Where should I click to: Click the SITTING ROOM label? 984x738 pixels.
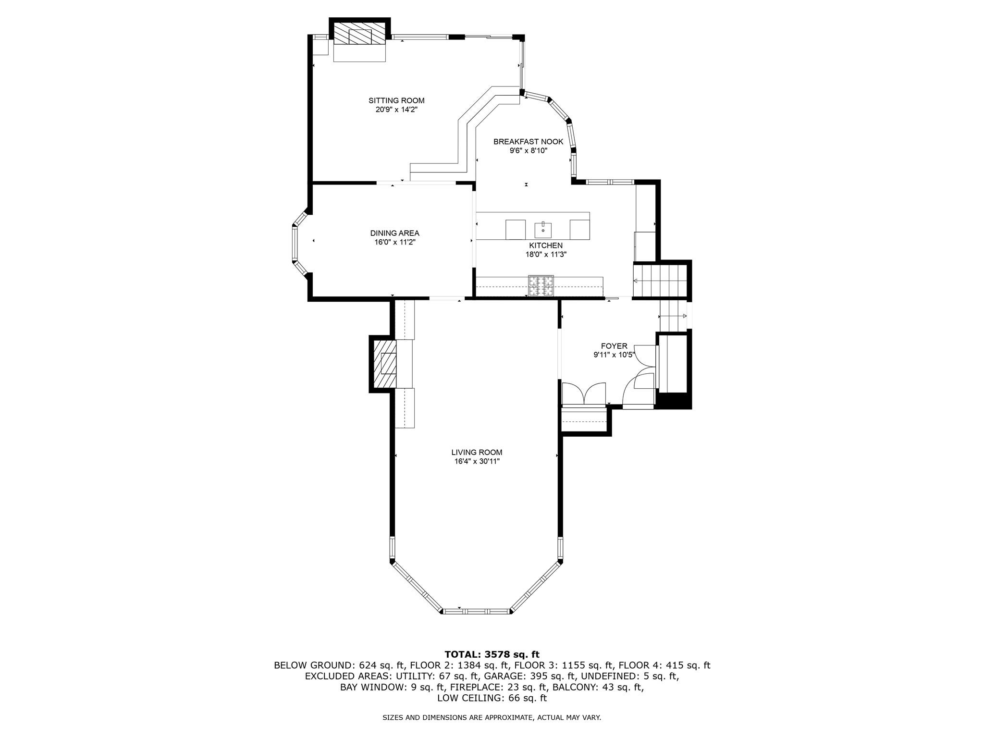coord(396,100)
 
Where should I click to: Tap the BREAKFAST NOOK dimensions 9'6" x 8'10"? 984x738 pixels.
coord(529,150)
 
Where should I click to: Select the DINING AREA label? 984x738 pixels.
coord(394,233)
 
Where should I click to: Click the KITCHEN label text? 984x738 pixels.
coord(546,246)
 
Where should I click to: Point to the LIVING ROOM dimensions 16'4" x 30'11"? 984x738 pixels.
coord(477,461)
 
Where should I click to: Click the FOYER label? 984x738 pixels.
coord(614,346)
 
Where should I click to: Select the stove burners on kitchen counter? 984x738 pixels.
coord(541,286)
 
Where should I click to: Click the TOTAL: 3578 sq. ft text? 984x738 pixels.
coord(492,654)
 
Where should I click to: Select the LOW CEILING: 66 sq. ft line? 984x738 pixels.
coord(492,698)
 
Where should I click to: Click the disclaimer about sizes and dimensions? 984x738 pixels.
coord(492,718)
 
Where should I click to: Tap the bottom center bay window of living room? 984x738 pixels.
coord(476,611)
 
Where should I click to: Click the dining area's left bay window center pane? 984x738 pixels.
coord(295,243)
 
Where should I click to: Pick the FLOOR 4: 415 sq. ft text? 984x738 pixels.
coord(664,665)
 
